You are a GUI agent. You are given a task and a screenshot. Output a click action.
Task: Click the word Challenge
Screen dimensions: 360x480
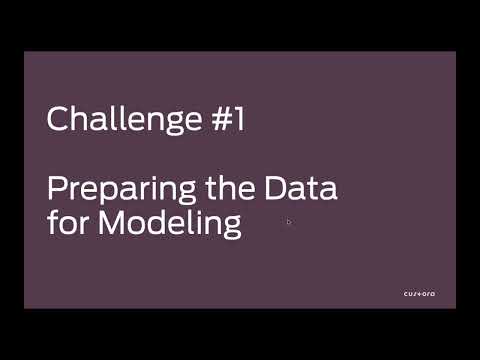[x=119, y=120]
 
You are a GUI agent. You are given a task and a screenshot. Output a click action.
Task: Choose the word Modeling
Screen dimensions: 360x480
[x=169, y=223]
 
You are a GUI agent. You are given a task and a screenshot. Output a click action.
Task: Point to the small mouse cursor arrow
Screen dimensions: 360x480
[x=288, y=222]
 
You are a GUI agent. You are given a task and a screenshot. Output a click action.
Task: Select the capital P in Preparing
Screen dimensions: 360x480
[x=57, y=187]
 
